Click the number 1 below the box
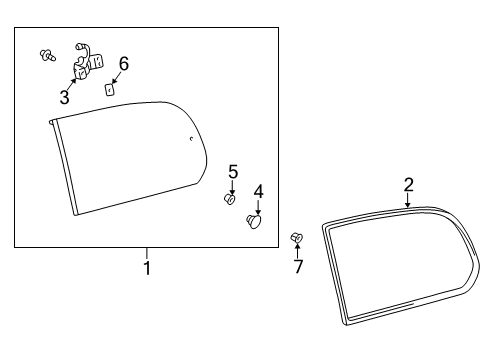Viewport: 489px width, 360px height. tap(146, 268)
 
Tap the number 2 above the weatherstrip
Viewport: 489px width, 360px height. tap(408, 184)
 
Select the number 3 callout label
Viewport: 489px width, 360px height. tap(64, 97)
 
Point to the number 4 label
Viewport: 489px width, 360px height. tap(258, 191)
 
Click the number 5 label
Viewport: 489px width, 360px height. tap(232, 172)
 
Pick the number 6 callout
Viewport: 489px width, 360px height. tap(123, 64)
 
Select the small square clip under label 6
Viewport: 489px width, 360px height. tap(111, 87)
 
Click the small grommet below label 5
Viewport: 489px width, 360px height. tap(229, 200)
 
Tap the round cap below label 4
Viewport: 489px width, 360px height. tap(254, 221)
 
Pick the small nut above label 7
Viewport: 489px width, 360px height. tap(296, 237)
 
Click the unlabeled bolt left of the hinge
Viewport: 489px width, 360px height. tap(46, 54)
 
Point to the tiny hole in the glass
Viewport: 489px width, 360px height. tap(191, 139)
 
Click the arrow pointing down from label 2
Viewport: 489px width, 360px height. tap(408, 200)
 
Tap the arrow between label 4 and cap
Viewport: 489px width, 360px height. tap(257, 206)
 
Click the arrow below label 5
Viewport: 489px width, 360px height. tap(231, 187)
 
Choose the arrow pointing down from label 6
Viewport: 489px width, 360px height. tap(118, 76)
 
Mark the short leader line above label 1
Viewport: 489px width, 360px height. tap(146, 253)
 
